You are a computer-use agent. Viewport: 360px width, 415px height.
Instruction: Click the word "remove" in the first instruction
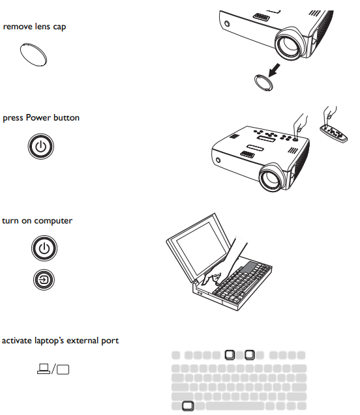pos(14,27)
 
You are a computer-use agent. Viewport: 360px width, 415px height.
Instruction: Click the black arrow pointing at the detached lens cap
pos(274,70)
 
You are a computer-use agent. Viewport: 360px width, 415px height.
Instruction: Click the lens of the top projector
pos(288,44)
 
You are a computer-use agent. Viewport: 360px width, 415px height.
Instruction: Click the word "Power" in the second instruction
pos(38,117)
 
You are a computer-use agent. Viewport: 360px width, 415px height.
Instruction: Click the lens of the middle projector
pos(272,177)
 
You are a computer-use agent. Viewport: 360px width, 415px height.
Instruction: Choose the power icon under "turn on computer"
pos(44,248)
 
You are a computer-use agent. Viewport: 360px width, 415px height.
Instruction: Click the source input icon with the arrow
pos(44,279)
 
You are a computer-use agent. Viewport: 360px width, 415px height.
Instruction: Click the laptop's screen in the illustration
pos(202,248)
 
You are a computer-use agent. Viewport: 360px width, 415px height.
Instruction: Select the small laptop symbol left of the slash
pos(44,369)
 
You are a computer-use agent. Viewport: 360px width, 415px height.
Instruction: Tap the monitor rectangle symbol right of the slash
pos(63,369)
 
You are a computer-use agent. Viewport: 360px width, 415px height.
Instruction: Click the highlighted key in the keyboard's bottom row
pos(188,406)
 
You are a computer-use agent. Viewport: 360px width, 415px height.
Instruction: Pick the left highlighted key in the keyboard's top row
pos(230,354)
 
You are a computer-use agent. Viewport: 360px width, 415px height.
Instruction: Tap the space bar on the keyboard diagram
pos(235,406)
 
